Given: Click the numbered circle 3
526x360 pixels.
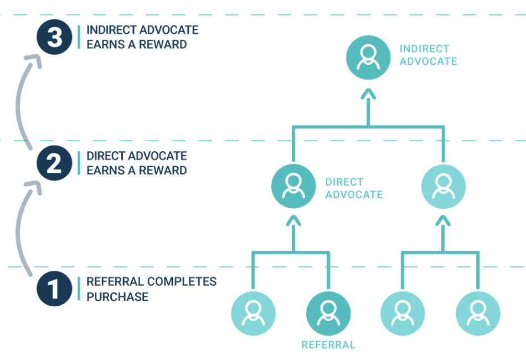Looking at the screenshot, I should click(x=54, y=37).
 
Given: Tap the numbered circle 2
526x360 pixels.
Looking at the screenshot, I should click(x=54, y=163).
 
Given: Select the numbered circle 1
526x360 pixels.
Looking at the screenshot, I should click(x=54, y=289).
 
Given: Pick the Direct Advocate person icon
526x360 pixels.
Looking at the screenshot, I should click(x=293, y=187).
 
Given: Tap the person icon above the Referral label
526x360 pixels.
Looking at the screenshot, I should click(x=328, y=313).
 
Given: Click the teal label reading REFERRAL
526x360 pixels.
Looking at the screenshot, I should click(x=328, y=345).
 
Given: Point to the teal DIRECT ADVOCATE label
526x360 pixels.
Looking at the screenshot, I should click(x=354, y=188).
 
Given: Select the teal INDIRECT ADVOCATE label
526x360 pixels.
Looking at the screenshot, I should click(x=428, y=55).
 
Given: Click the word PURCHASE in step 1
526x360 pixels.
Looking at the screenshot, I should click(x=117, y=297).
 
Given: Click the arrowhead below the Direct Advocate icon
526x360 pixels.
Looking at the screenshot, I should click(x=293, y=222).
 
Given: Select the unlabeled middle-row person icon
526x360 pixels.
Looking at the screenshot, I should click(x=443, y=187).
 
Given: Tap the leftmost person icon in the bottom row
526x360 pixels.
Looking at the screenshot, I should click(x=253, y=313).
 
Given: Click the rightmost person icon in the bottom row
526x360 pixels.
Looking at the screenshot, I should click(x=477, y=313).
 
